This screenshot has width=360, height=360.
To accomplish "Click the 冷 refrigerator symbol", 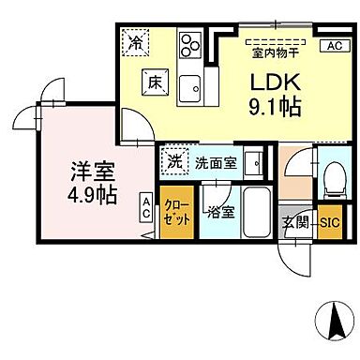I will pyautogui.click(x=137, y=42).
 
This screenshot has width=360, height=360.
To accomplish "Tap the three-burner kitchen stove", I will pyautogui.click(x=190, y=43).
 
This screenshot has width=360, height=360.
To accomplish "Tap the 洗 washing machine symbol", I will pyautogui.click(x=174, y=159).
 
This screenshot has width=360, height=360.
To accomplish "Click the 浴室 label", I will pyautogui.click(x=221, y=213).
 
